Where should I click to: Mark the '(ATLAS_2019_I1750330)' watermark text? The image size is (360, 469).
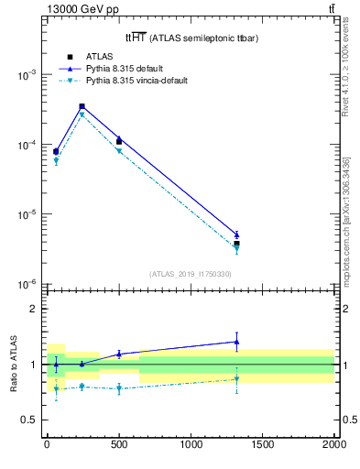click(x=190, y=274)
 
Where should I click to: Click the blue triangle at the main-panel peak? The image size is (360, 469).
click(x=82, y=106)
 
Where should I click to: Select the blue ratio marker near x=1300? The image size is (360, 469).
click(x=236, y=342)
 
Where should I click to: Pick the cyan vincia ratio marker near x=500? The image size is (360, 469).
click(x=119, y=388)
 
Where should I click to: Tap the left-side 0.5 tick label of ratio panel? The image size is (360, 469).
click(x=30, y=420)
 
